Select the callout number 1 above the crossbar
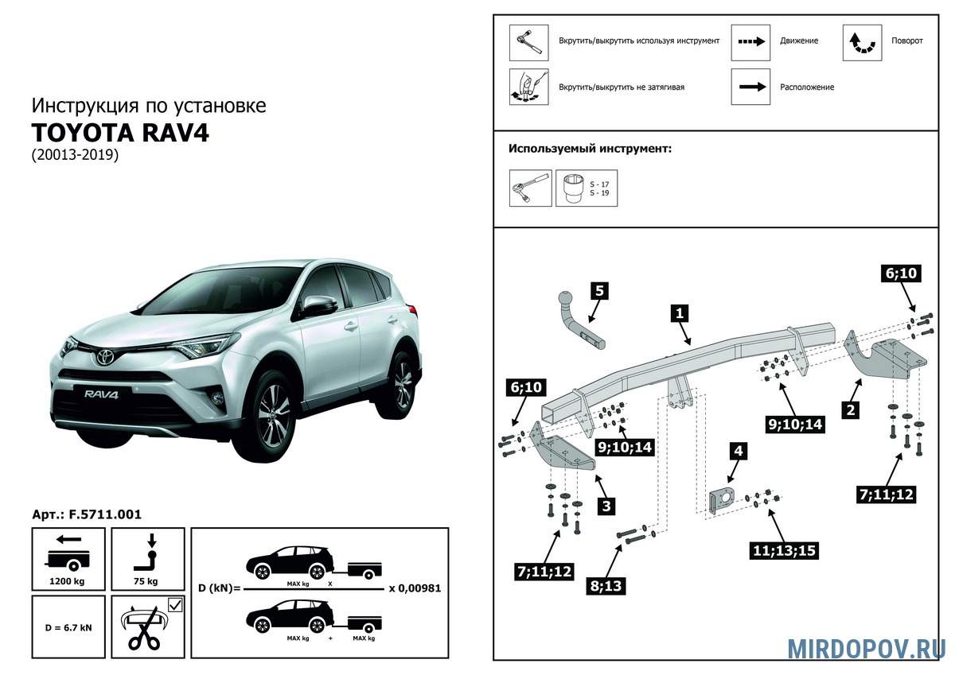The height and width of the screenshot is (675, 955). tap(680, 313)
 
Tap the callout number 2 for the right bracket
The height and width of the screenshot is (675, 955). tap(852, 410)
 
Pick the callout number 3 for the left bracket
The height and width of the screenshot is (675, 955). tap(606, 506)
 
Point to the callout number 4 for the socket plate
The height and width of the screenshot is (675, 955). tap(739, 451)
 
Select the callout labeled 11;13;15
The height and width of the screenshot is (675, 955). tap(784, 549)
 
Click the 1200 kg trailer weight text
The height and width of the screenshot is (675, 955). tap(68, 581)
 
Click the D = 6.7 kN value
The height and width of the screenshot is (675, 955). tap(68, 627)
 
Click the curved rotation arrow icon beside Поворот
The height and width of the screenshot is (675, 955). tap(862, 42)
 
